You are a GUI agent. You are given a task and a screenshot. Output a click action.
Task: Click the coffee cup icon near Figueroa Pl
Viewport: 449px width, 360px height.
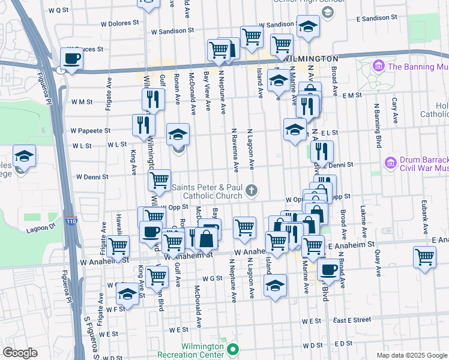point(71,59)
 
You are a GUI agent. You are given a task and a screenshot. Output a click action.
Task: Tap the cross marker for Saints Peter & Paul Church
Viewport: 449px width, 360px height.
point(252,191)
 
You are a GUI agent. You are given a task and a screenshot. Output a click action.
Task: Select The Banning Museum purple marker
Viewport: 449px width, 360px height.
point(379,65)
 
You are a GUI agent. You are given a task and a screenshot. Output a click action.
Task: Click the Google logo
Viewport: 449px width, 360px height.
point(20,353)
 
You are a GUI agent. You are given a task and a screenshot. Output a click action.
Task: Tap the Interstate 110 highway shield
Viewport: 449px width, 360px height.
point(71,221)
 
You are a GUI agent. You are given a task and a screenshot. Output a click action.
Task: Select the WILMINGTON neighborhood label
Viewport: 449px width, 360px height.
point(310,59)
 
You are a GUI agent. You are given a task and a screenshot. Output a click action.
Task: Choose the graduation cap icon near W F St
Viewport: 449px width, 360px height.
point(127,293)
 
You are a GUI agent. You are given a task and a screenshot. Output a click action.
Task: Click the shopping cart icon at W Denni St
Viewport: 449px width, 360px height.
point(160,179)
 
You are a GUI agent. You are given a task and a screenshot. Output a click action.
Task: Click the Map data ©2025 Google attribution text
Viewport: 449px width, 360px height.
point(411,355)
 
